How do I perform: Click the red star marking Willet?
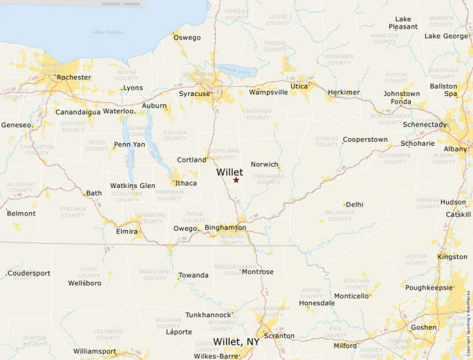(x=236, y=180)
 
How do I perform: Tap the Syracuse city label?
(x=194, y=93)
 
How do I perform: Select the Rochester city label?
(x=73, y=77)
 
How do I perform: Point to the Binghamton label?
(x=225, y=227)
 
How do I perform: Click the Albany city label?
(x=456, y=149)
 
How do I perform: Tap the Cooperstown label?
(x=365, y=140)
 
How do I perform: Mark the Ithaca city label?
(x=186, y=183)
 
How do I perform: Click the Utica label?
(x=299, y=86)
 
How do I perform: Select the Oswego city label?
(x=187, y=37)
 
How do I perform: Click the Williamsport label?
(x=95, y=351)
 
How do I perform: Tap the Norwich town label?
(x=264, y=164)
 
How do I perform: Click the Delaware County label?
(x=340, y=216)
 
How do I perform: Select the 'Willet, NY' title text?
(x=236, y=342)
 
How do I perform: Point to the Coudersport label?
(x=29, y=273)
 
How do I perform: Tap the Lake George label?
(x=446, y=36)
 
